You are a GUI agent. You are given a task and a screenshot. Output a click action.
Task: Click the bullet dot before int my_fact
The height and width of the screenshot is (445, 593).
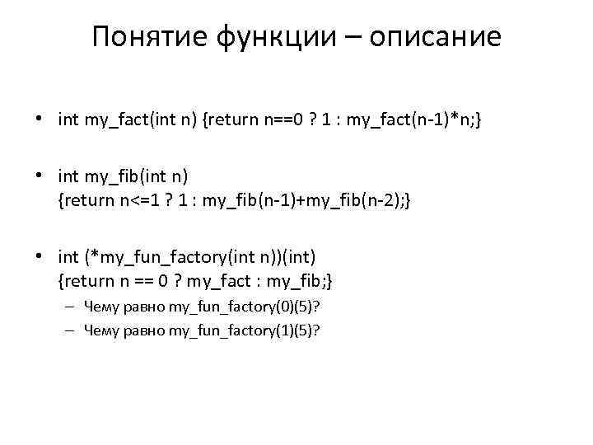pos(40,120)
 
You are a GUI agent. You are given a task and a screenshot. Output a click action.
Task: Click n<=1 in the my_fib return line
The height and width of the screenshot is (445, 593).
pos(138,200)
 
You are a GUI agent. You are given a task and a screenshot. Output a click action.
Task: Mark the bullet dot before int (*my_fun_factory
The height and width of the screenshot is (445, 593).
pos(40,258)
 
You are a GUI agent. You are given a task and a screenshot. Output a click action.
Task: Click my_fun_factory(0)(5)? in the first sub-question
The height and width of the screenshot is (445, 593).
pos(245,307)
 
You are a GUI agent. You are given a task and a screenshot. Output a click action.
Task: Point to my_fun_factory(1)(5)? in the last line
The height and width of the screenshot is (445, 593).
pos(245,330)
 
